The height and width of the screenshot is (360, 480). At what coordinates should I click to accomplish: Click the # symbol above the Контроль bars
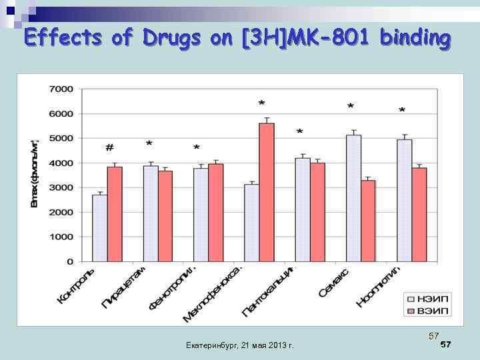(109, 147)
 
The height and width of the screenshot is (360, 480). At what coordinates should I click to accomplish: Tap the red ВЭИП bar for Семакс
(369, 221)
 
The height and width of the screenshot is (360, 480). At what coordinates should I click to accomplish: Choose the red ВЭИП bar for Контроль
(115, 214)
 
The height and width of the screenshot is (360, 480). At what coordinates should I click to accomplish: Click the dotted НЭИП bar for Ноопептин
(404, 200)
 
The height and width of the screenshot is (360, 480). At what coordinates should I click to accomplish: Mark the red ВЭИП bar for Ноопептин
(419, 214)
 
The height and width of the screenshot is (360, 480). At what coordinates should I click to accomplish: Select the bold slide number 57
(446, 344)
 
